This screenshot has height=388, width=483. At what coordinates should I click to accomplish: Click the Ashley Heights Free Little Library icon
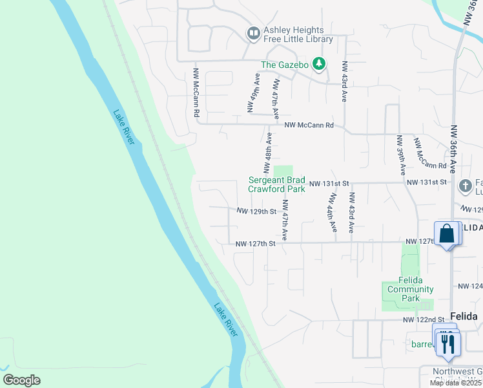point(253,33)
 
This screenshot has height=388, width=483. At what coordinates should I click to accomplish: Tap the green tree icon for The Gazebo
point(318,64)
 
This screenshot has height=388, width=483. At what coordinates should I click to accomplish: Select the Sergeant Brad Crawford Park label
point(277,185)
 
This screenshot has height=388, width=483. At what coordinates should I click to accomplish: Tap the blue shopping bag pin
point(447,233)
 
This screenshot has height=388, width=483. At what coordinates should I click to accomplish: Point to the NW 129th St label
point(256,211)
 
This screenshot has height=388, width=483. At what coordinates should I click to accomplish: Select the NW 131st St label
point(329,184)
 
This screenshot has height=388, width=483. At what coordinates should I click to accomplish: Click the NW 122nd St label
point(424,320)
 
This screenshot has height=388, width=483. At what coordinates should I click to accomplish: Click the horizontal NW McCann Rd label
point(309,125)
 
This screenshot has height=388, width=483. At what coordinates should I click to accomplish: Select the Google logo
point(21,380)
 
